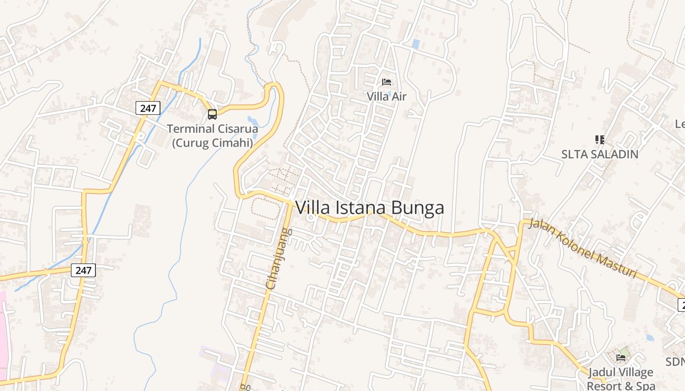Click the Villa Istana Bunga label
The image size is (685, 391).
tap(369, 208)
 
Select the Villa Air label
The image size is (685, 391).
tap(387, 96)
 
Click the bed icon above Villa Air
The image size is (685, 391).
tap(387, 82)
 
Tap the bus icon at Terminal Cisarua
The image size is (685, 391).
tap(212, 114)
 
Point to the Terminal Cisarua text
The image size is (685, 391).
tap(212, 129)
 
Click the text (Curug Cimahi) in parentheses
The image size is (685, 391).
tap(212, 143)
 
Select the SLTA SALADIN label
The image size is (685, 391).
tap(599, 154)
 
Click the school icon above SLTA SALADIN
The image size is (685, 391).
tap(599, 140)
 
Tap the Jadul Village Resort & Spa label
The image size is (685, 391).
tap(620, 379)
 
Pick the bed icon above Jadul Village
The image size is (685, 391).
tap(621, 357)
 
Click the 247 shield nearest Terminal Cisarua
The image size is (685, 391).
tap(148, 108)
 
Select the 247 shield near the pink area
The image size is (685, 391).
tap(83, 270)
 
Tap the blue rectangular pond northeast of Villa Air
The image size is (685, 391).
tap(415, 44)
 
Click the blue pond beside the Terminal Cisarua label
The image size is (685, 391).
tap(253, 121)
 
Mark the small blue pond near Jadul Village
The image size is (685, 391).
tap(650, 337)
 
